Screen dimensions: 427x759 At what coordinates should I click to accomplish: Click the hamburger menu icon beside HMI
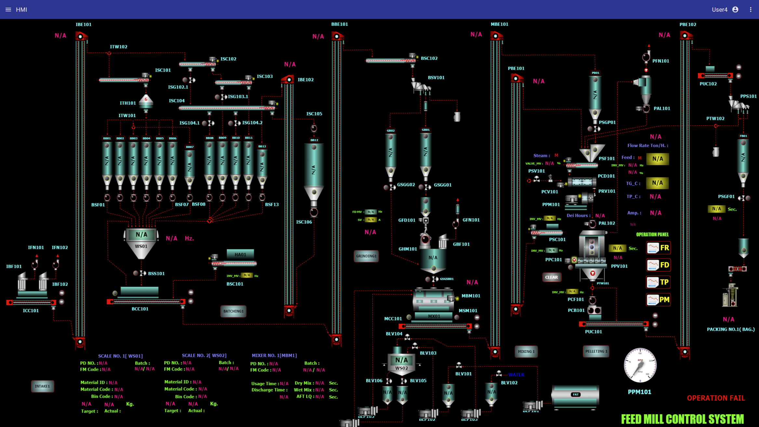pos(8,10)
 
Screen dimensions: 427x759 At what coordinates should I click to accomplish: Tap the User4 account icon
pos(735,10)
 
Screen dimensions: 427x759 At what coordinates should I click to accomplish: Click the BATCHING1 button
pos(233,311)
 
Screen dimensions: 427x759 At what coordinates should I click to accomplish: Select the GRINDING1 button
pos(366,256)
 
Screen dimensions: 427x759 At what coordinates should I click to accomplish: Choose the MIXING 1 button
pos(526,352)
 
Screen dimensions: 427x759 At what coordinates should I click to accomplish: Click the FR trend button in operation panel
pos(658,248)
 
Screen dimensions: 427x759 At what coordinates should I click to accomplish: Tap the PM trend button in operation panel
pos(658,300)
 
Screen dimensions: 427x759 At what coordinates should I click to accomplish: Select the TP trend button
pos(658,282)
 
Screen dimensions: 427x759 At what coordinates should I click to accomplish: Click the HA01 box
pos(240,255)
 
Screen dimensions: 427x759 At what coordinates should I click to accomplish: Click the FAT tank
pos(576,395)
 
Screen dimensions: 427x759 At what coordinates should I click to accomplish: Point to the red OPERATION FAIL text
pos(716,398)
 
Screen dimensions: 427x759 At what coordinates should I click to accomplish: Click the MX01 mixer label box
pos(434,316)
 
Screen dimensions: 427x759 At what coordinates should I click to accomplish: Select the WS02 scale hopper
pos(402,364)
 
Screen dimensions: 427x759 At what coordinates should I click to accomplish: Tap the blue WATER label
pos(516,375)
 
